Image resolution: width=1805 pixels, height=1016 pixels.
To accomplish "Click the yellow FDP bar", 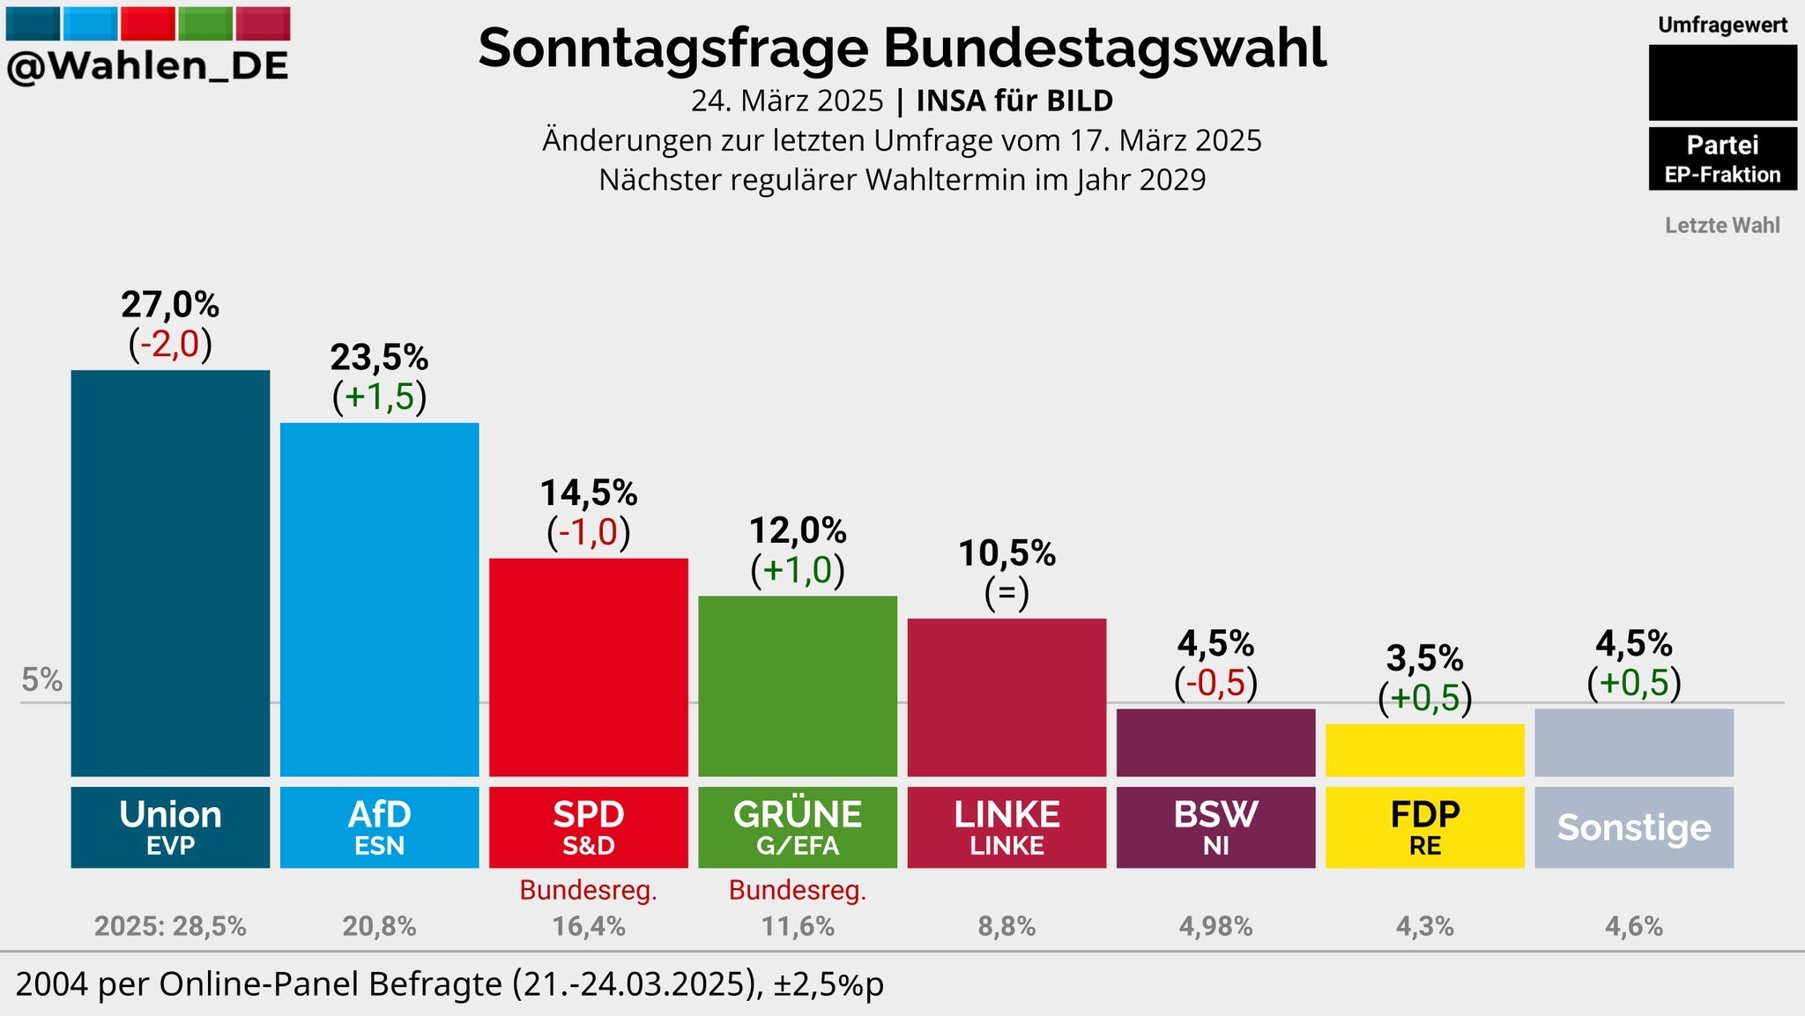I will (1424, 750).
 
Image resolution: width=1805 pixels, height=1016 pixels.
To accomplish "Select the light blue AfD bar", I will (379, 599).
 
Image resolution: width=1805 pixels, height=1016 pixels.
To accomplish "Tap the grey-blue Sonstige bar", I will (1633, 742).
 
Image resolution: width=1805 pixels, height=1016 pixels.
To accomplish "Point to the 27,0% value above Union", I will (170, 305).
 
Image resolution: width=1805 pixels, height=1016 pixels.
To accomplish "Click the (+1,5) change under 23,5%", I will (379, 397).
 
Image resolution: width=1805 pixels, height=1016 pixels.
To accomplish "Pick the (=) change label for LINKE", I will (1006, 592).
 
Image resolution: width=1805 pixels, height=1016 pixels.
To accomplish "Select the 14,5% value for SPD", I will (588, 493).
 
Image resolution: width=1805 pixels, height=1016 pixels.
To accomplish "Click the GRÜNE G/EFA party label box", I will (798, 827).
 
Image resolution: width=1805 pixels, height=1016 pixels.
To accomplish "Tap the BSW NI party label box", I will (1215, 827).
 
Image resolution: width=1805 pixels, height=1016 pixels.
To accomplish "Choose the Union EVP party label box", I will (170, 827).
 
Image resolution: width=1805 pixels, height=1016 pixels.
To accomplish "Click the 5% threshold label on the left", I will (41, 680).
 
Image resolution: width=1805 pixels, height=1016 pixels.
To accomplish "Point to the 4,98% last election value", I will (1215, 926).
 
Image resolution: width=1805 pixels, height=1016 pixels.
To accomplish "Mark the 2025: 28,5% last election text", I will (170, 926).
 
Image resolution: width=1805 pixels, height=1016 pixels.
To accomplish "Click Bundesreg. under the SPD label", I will (588, 890).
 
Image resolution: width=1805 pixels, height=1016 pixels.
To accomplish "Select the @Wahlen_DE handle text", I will (147, 66).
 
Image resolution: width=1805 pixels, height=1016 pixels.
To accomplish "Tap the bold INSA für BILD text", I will (1014, 100).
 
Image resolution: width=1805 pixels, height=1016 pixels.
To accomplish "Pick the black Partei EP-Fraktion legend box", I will (1722, 159).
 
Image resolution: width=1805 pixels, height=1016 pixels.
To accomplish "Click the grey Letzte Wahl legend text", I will (1722, 226).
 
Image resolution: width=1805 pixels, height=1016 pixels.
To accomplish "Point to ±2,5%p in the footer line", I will (828, 984).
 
